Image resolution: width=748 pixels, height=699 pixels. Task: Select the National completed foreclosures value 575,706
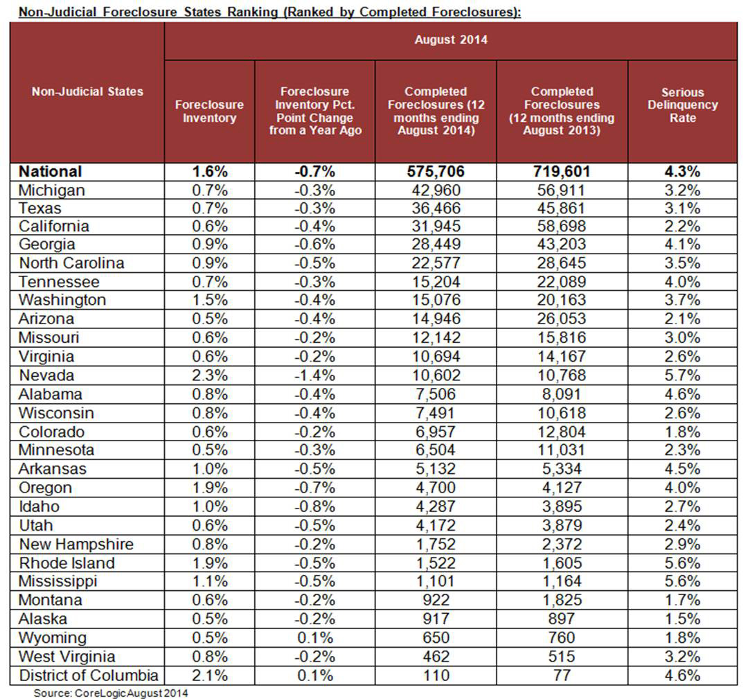[436, 171]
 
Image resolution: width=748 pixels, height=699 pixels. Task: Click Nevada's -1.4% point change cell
[314, 375]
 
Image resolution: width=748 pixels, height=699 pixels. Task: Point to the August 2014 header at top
[450, 39]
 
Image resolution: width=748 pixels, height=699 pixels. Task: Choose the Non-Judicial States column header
[87, 91]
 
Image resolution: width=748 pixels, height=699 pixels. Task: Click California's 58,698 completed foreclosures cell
[562, 226]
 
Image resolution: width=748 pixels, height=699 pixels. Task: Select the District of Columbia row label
[89, 675]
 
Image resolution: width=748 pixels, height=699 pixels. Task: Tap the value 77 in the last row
[562, 675]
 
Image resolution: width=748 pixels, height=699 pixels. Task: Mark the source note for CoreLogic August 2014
[111, 692]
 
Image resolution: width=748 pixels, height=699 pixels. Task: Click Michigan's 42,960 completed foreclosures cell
[436, 190]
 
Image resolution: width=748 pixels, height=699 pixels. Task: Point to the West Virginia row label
[66, 657]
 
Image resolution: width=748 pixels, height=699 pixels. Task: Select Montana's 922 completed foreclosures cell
[436, 600]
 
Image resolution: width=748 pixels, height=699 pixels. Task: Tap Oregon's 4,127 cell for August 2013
[562, 488]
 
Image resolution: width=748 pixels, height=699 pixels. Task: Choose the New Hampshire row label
[76, 544]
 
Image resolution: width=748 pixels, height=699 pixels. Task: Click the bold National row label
[51, 171]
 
